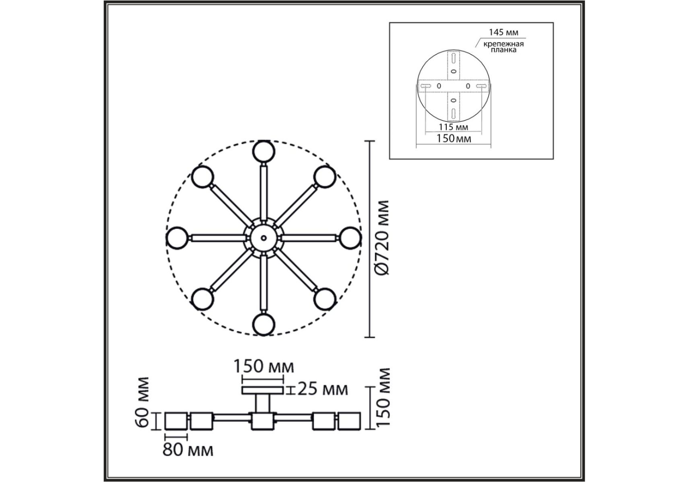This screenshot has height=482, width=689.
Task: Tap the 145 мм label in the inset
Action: coord(503,32)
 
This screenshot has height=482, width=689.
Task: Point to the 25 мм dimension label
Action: coord(322,389)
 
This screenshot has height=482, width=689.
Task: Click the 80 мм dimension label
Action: coord(188,450)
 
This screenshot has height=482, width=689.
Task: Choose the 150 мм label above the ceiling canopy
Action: coord(264,366)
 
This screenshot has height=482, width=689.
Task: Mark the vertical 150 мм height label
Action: coord(384,397)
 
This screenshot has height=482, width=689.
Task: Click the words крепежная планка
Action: coord(503,47)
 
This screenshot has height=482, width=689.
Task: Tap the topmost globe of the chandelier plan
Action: coord(264,151)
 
